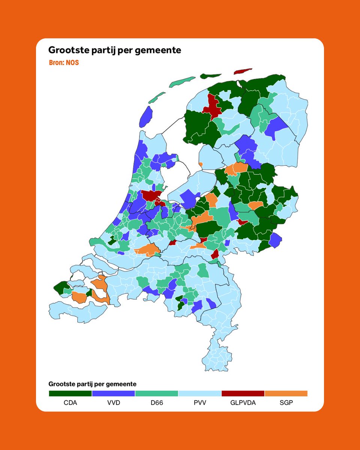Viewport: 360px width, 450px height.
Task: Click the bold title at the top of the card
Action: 115,50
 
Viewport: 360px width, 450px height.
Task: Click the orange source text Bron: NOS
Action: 64,63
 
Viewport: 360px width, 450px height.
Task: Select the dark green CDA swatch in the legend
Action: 70,393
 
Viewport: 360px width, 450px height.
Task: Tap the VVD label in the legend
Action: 113,403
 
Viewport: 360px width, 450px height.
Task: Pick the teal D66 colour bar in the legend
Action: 156,393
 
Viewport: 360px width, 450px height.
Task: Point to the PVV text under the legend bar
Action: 199,403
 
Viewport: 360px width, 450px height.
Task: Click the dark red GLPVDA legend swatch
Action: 243,393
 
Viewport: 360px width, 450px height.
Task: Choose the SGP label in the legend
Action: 286,403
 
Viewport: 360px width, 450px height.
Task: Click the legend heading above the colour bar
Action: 92,384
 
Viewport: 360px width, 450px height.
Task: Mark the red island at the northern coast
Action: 243,71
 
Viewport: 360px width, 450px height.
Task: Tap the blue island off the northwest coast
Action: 146,117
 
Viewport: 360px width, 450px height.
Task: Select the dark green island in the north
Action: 211,76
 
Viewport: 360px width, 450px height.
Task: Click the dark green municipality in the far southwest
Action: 60,288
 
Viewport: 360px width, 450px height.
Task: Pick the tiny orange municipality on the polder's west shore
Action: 201,164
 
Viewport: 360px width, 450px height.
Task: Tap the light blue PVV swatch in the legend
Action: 199,393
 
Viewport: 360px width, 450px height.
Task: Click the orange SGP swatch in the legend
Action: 286,393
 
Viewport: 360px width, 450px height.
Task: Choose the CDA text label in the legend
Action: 70,403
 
